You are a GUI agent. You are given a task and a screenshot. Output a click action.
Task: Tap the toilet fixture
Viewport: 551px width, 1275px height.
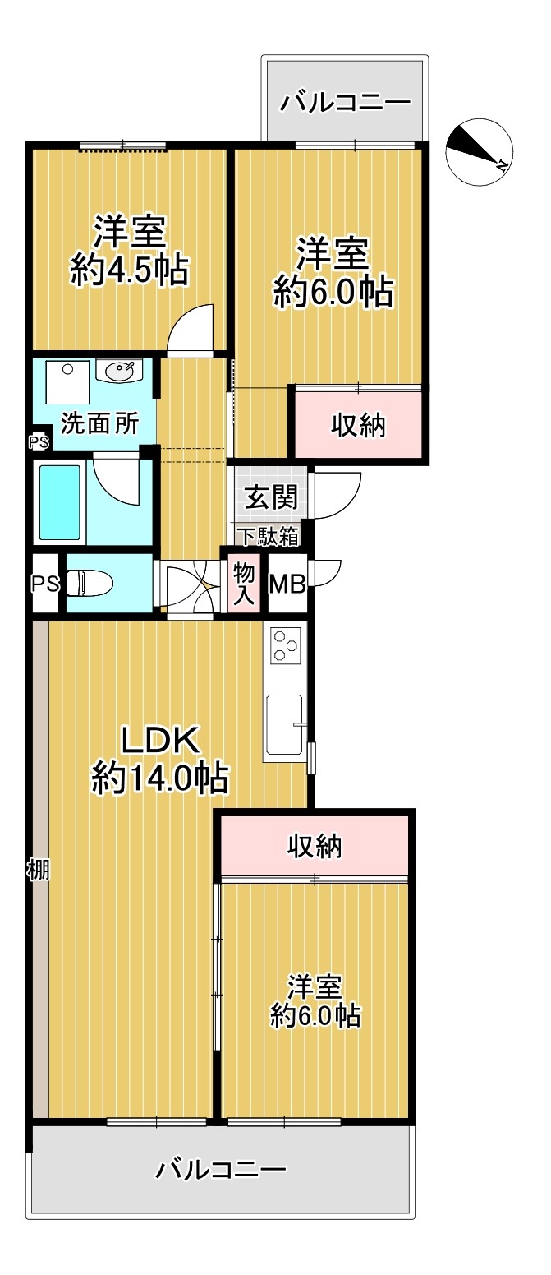pyautogui.click(x=90, y=583)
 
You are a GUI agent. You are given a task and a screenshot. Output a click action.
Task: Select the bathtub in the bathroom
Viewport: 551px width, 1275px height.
pyautogui.click(x=59, y=501)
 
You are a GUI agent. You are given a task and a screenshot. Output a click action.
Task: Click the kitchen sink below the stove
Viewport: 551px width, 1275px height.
pyautogui.click(x=284, y=725)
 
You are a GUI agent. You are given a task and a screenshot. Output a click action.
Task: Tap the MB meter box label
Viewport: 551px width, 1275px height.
pyautogui.click(x=287, y=584)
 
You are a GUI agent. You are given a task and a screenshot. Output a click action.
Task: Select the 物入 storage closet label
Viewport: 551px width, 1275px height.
pyautogui.click(x=244, y=584)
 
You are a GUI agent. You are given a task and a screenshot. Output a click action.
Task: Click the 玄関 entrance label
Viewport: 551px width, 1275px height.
pyautogui.click(x=271, y=497)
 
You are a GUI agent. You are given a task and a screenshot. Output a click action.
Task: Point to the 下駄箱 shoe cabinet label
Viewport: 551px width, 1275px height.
pyautogui.click(x=268, y=536)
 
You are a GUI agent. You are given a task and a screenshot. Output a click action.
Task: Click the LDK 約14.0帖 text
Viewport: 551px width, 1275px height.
pyautogui.click(x=160, y=760)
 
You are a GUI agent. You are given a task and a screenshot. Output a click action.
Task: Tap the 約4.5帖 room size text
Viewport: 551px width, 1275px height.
pyautogui.click(x=130, y=270)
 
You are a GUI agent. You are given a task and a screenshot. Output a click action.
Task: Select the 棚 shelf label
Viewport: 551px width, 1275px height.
pyautogui.click(x=38, y=869)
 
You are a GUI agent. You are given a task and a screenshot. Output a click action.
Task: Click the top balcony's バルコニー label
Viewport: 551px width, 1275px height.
pyautogui.click(x=345, y=103)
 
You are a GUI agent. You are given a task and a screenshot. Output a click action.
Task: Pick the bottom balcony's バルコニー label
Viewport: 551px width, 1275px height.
pyautogui.click(x=221, y=1170)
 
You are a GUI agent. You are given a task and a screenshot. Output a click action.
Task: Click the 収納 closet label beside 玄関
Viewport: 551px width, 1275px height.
pyautogui.click(x=358, y=425)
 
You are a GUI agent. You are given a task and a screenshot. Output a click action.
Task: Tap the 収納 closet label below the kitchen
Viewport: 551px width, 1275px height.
pyautogui.click(x=315, y=847)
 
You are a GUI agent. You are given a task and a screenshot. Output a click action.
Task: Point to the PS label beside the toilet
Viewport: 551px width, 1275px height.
pyautogui.click(x=45, y=584)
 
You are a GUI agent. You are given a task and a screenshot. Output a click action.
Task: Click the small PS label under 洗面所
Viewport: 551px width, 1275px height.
pyautogui.click(x=39, y=442)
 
